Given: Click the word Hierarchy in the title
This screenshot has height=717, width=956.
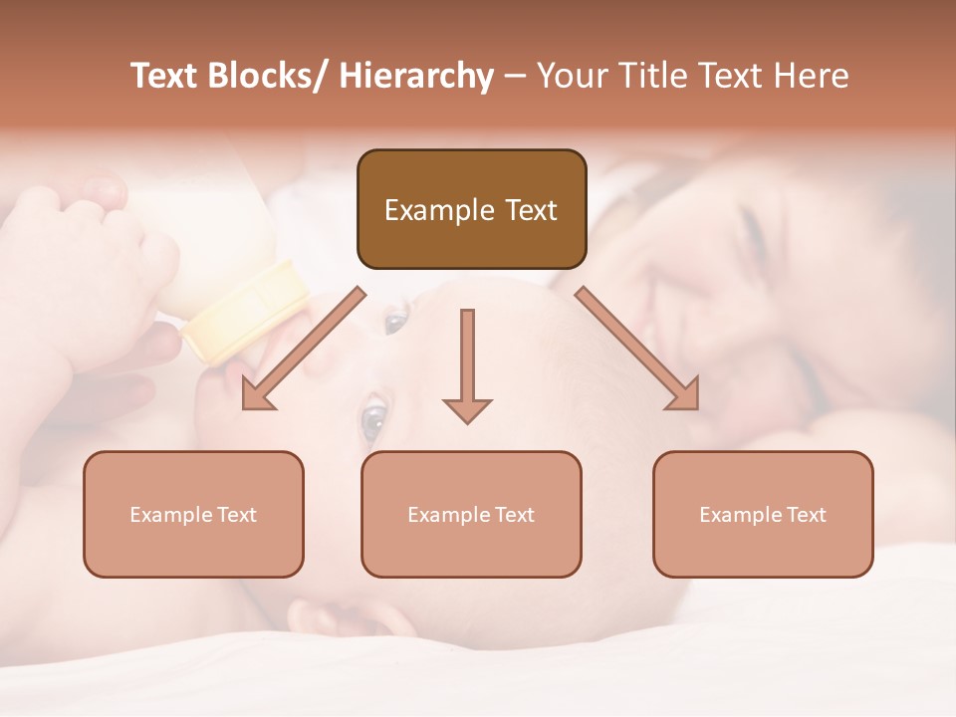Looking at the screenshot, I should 416,77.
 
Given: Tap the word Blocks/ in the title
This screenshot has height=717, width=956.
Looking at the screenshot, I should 266,77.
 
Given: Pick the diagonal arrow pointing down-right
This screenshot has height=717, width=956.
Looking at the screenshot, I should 637,349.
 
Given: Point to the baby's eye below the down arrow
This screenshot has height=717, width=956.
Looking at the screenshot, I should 373,421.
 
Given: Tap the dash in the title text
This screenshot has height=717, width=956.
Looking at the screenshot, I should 515,77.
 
